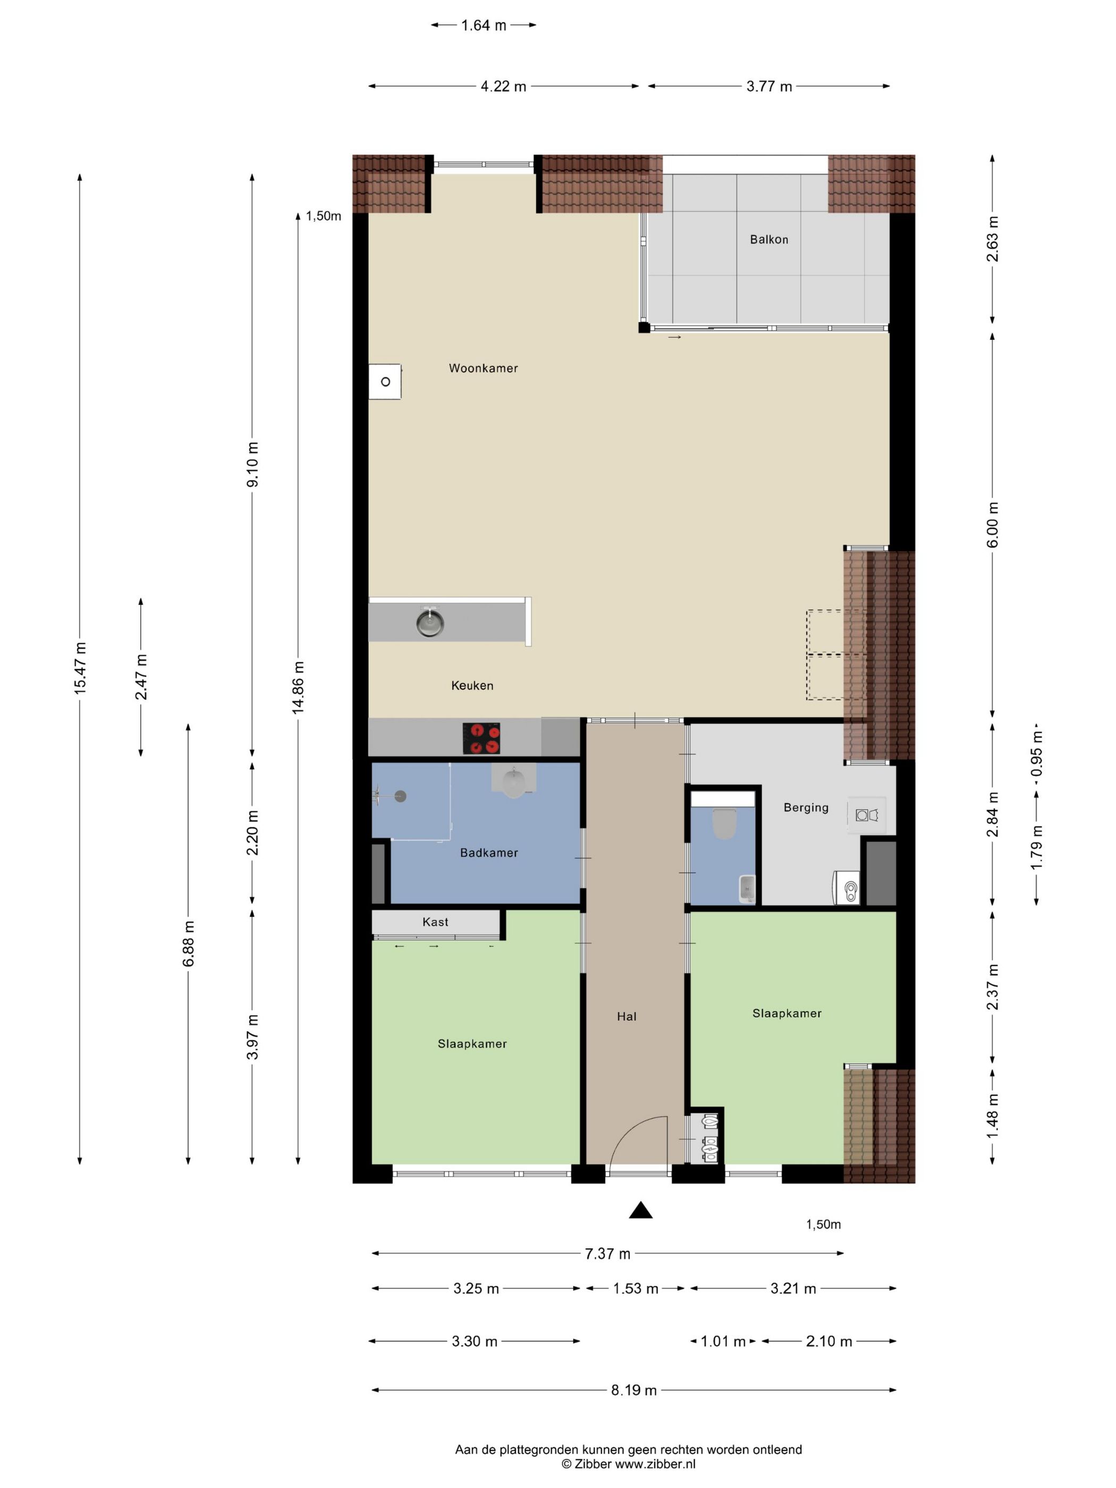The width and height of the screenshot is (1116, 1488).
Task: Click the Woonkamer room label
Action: (483, 368)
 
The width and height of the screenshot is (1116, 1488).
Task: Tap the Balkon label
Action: (769, 240)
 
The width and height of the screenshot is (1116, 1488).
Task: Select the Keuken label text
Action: (472, 686)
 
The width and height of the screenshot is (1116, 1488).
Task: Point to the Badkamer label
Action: (489, 852)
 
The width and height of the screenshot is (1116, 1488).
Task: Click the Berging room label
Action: (806, 807)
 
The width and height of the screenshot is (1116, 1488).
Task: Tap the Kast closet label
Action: (435, 921)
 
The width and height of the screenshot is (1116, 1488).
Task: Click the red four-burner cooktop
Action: (481, 738)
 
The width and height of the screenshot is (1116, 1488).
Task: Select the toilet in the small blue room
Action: (724, 823)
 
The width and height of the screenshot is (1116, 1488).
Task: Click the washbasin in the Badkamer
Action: (514, 781)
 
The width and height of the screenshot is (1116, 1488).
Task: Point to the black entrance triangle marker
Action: (640, 1210)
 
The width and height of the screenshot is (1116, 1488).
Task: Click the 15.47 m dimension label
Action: (80, 668)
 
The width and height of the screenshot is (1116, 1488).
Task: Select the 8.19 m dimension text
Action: (633, 1390)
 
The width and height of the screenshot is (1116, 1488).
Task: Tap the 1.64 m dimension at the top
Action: (484, 26)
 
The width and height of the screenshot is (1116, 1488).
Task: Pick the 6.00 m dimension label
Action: (993, 524)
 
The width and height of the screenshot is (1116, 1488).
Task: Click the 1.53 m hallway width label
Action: (635, 1288)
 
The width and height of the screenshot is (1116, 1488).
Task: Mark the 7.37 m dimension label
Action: (607, 1253)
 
